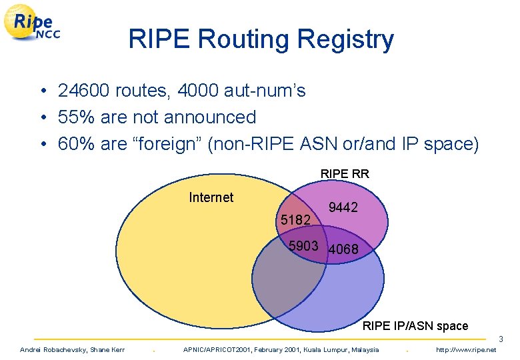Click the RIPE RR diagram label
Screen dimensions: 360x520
[345, 174]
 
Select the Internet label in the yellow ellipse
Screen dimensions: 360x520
[211, 197]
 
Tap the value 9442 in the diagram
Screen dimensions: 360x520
[343, 208]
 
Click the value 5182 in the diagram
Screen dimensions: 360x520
[295, 220]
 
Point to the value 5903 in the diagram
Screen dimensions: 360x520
[303, 246]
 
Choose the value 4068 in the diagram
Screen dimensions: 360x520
[344, 249]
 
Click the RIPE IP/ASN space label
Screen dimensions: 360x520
[415, 326]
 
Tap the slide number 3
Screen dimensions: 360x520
[501, 340]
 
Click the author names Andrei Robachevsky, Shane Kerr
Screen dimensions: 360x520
[72, 350]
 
